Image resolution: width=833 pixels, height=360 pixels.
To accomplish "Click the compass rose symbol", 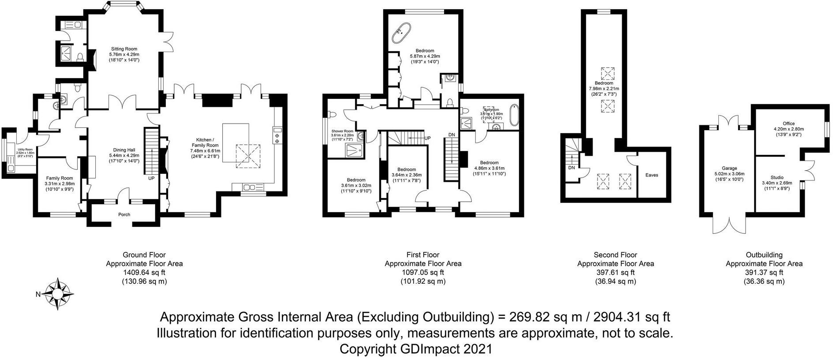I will point(59,294).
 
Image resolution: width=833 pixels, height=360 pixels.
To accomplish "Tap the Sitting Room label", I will point(124,49).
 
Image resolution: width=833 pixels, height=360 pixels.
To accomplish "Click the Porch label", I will point(124,215).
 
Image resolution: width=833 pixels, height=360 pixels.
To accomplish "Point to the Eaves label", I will point(651,175).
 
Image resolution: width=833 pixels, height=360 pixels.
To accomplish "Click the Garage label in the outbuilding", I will point(729,168).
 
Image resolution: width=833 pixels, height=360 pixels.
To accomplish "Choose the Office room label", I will point(789,124).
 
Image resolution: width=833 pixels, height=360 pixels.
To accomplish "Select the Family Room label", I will point(59,178).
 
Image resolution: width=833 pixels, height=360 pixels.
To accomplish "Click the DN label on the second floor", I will point(572,168).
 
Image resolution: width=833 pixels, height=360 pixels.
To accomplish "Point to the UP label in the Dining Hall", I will point(151,179).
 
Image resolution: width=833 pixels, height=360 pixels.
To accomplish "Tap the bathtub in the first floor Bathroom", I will point(514,115).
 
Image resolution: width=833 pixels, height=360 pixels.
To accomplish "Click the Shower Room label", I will point(342,131).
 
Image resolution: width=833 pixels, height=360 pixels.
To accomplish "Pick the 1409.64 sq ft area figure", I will point(144,272).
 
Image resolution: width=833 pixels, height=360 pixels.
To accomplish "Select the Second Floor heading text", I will point(615,255).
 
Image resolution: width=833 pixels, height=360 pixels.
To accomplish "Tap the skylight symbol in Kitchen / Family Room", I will point(248,156).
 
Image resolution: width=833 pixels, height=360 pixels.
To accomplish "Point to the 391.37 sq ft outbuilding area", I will point(764,272).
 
